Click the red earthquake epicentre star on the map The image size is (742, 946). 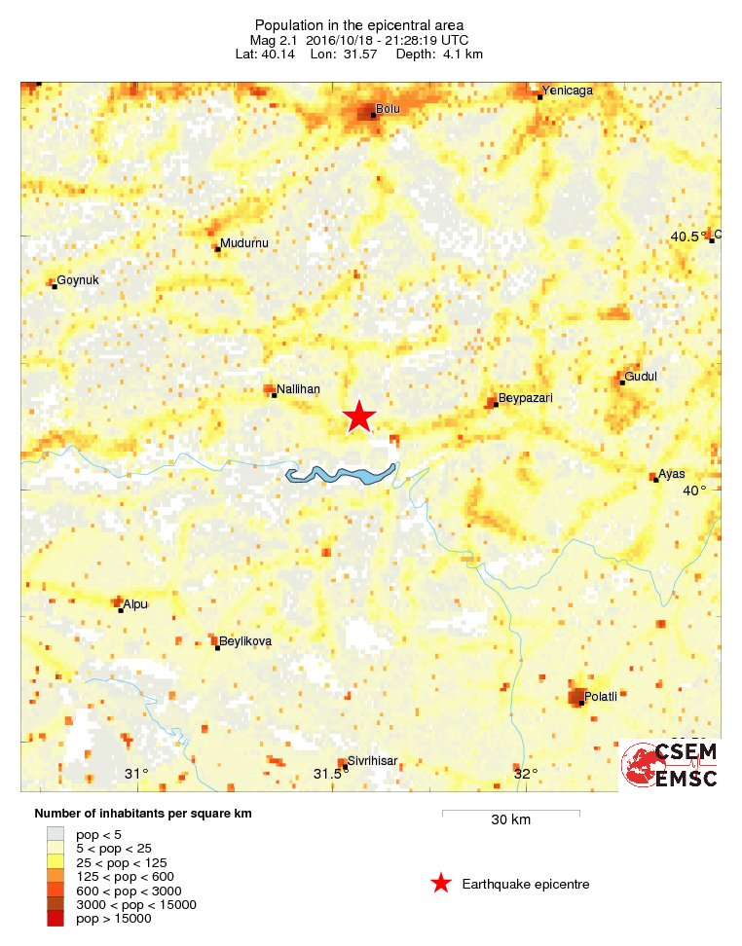pyautogui.click(x=359, y=417)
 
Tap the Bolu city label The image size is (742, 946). pyautogui.click(x=389, y=109)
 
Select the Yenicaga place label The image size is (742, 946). pyautogui.click(x=568, y=91)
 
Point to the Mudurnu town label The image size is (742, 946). pyautogui.click(x=243, y=242)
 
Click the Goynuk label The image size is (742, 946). pyautogui.click(x=78, y=280)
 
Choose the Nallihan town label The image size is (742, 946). pyautogui.click(x=299, y=388)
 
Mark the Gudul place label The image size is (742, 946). pyautogui.click(x=642, y=376)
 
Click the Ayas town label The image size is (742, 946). pyautogui.click(x=672, y=474)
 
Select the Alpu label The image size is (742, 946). pyautogui.click(x=135, y=604)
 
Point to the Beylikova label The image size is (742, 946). pyautogui.click(x=245, y=641)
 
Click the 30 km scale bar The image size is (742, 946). pyautogui.click(x=510, y=811)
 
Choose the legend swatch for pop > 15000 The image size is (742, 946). pyautogui.click(x=56, y=918)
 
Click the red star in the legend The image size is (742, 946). pyautogui.click(x=441, y=884)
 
